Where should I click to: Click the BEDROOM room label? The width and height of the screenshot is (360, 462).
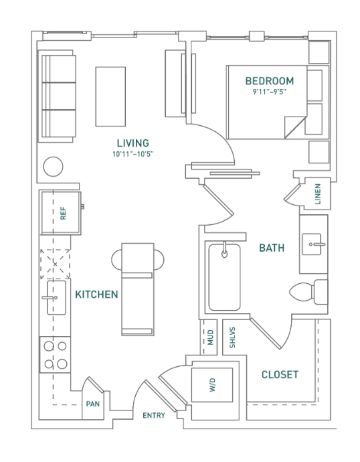(x=270, y=81)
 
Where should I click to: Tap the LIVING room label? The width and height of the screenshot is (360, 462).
(x=133, y=143)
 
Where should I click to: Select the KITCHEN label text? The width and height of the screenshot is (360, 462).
(x=96, y=295)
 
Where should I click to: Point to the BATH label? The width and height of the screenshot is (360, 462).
(x=272, y=248)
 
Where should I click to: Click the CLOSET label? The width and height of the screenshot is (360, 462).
(x=280, y=374)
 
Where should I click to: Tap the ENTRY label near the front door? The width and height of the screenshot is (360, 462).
(x=154, y=415)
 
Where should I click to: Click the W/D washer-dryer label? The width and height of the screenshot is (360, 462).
(x=213, y=385)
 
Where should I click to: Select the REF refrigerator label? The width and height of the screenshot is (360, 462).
(x=63, y=214)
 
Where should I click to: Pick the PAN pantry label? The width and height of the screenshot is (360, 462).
(x=93, y=404)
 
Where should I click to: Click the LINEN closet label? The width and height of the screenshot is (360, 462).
(x=318, y=194)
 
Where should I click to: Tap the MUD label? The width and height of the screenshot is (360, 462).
(x=211, y=337)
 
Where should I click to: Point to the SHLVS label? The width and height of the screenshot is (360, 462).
(x=232, y=337)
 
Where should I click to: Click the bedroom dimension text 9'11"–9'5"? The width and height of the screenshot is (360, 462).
(x=270, y=92)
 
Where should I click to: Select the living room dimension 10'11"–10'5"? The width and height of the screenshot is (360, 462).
(x=133, y=154)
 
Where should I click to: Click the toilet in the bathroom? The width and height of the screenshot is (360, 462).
(x=308, y=292)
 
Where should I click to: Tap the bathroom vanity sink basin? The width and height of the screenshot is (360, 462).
(x=312, y=244)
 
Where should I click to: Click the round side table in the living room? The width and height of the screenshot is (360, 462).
(x=53, y=167)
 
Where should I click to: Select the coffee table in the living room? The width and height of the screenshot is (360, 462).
(x=110, y=96)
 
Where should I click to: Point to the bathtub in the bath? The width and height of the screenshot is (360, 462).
(x=225, y=277)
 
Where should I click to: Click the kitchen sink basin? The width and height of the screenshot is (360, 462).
(x=56, y=297)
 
